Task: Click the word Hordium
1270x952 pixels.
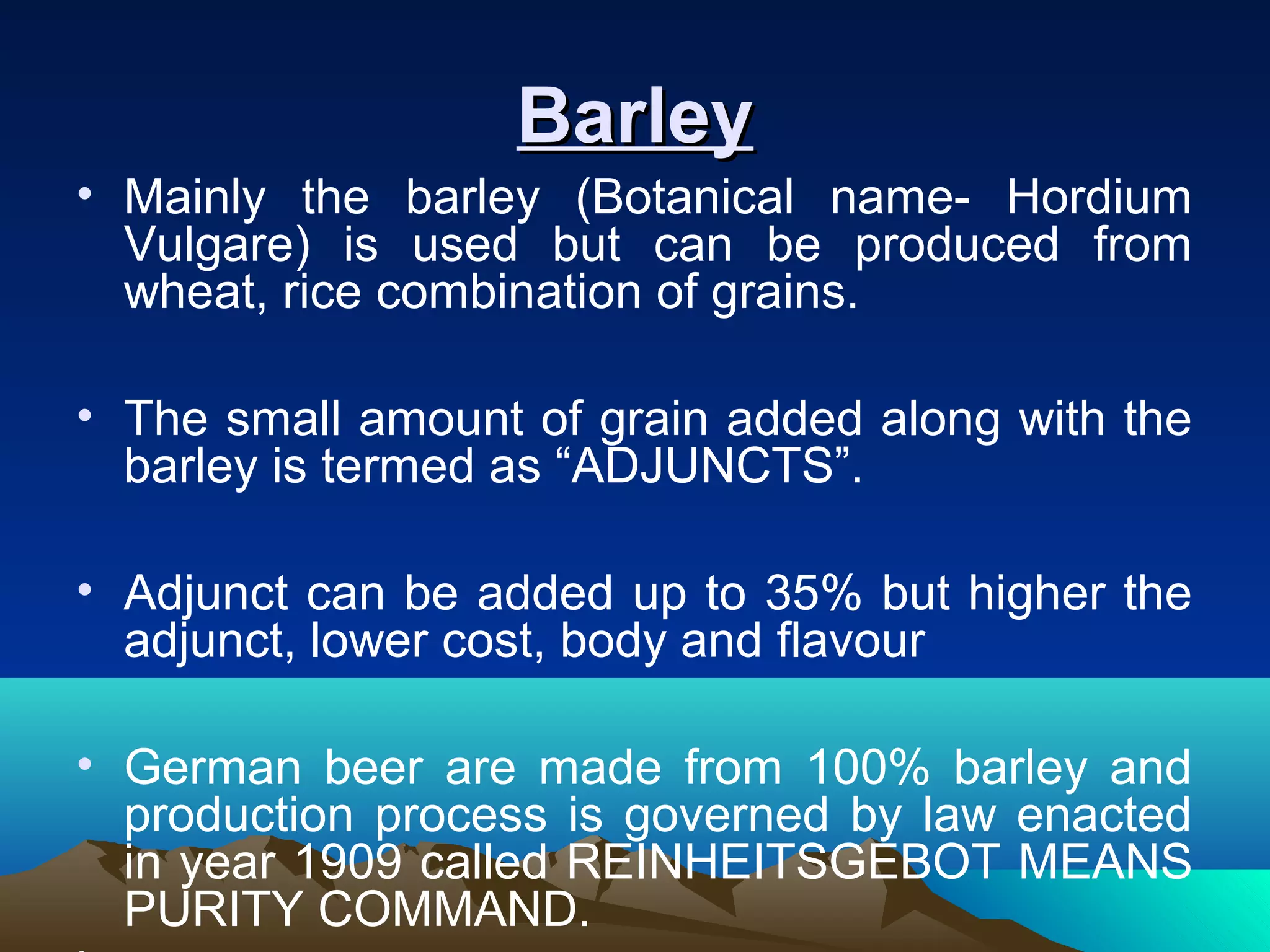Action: coord(1098,197)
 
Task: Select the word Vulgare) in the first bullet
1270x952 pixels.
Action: coord(217,245)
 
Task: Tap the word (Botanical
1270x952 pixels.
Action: coord(685,197)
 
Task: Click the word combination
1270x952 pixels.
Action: coord(508,293)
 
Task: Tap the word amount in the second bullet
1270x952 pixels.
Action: coord(441,419)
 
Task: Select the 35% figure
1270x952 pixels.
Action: coord(813,593)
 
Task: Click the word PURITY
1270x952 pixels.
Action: coord(213,909)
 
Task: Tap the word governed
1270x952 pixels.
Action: coord(726,814)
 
